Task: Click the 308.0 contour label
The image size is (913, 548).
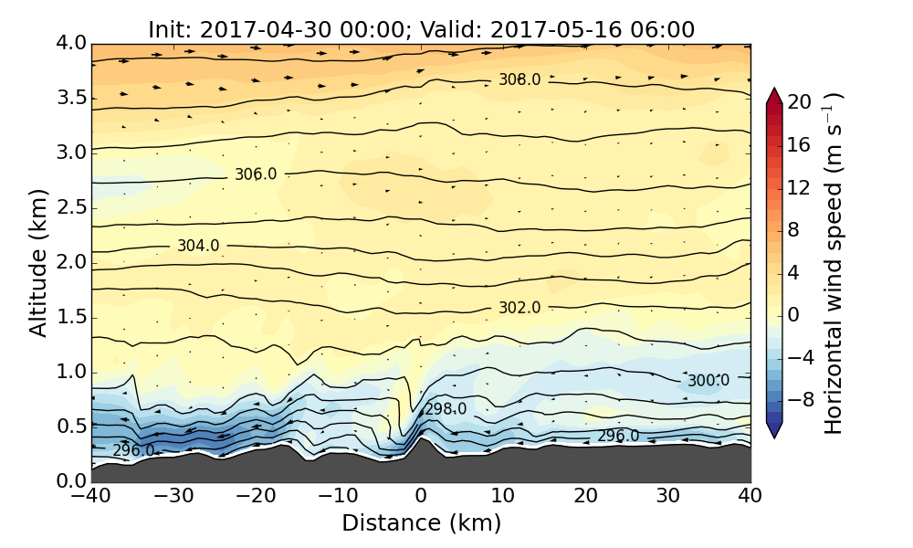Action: [x=519, y=80]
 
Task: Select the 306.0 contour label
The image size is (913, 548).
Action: [x=256, y=174]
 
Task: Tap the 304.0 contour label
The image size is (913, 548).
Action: [x=198, y=246]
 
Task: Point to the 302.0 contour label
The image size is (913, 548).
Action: [x=519, y=309]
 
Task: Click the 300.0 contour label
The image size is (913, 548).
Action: [x=708, y=381]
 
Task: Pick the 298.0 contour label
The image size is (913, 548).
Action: [x=446, y=409]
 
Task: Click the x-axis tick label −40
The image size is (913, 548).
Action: [x=91, y=497]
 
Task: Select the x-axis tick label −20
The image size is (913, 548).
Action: [x=256, y=497]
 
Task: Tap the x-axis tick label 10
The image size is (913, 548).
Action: [x=503, y=497]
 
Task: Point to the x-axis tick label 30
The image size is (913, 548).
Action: [x=668, y=497]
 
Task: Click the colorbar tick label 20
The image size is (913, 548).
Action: [x=801, y=102]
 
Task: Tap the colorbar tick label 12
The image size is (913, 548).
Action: [x=801, y=187]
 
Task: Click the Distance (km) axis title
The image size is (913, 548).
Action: [x=421, y=523]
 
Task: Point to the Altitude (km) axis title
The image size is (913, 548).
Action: [x=38, y=262]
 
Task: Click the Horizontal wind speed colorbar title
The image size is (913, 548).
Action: [x=834, y=262]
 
